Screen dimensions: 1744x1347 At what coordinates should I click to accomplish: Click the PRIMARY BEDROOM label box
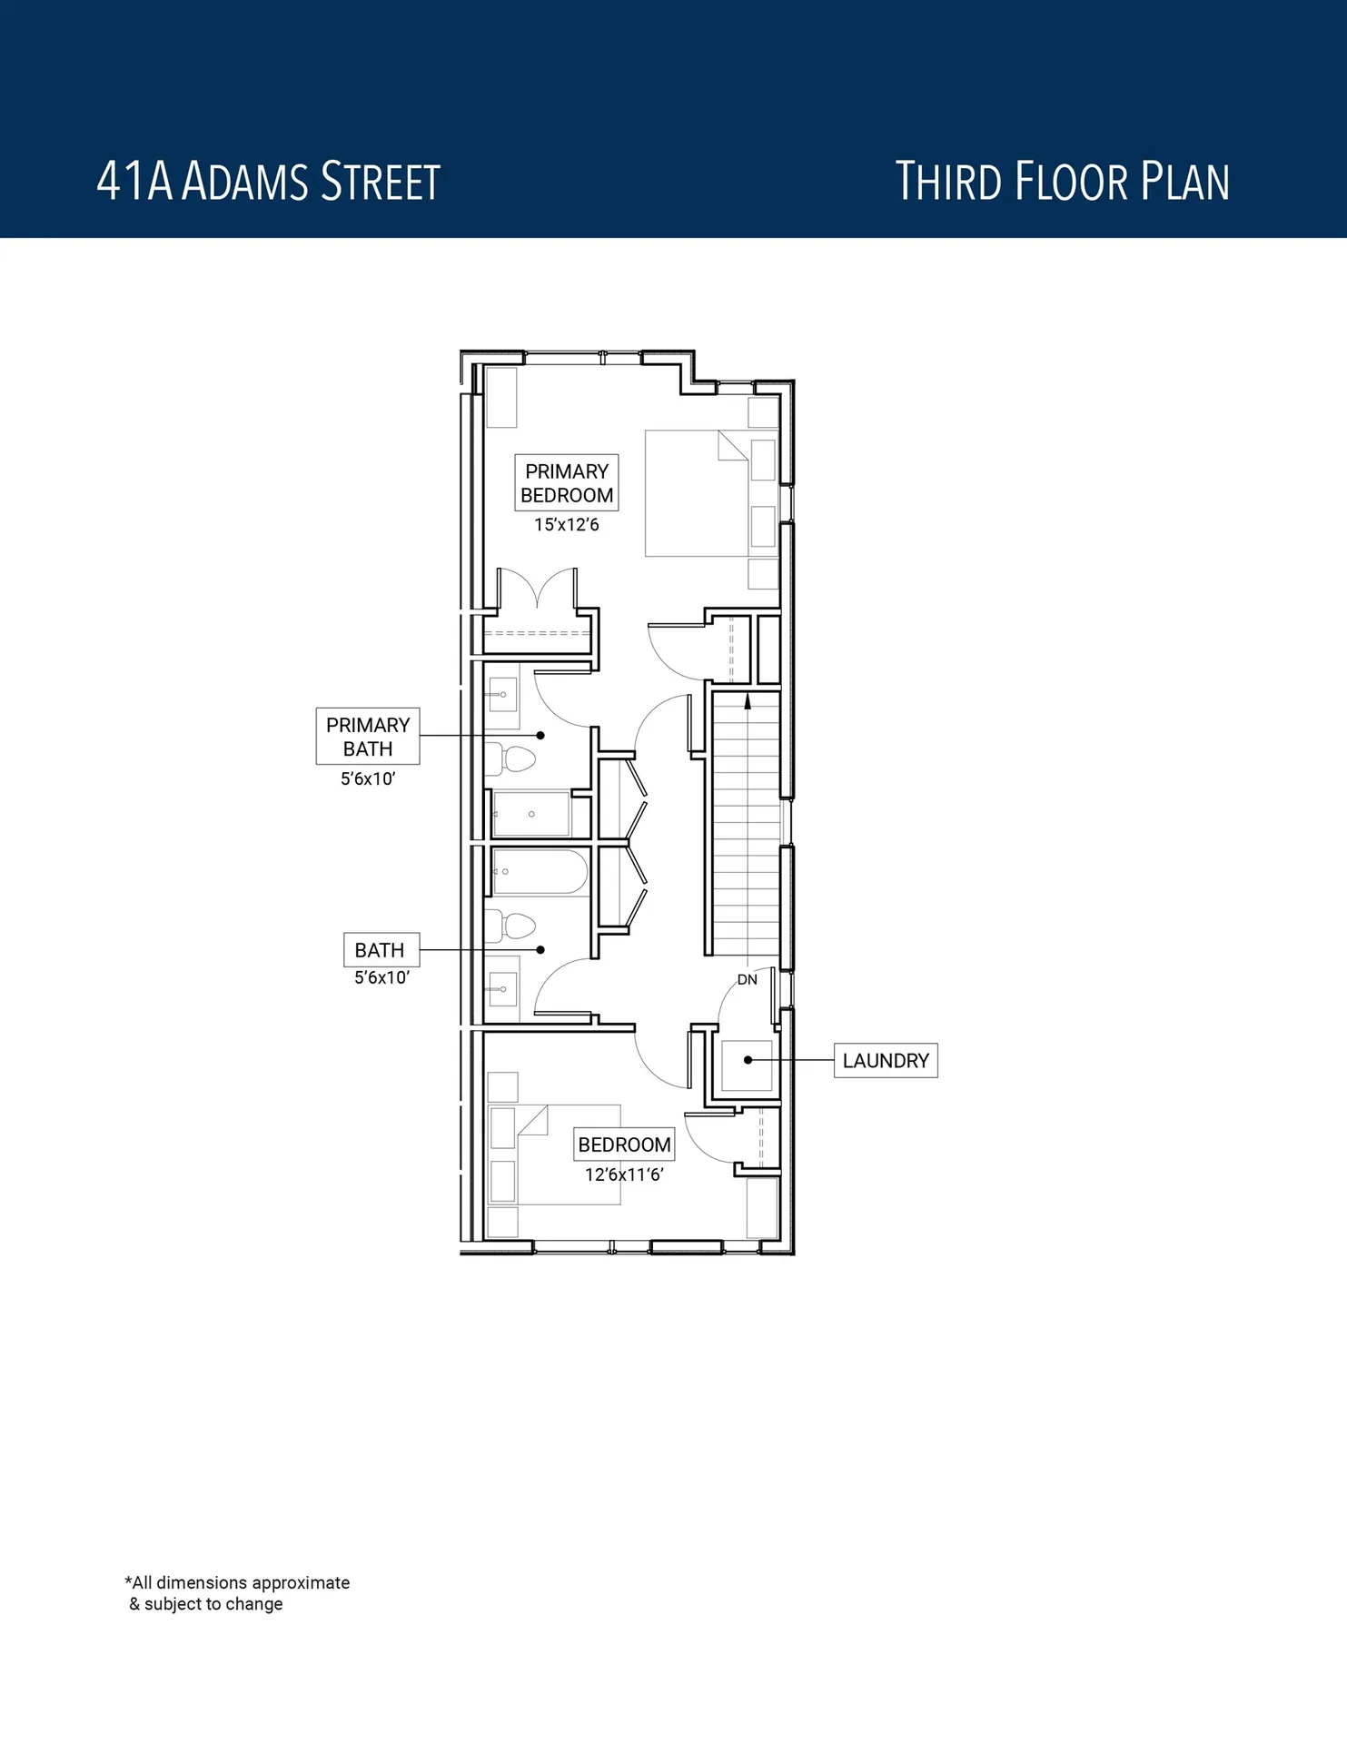[567, 482]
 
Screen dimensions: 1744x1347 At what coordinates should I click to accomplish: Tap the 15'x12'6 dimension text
[567, 525]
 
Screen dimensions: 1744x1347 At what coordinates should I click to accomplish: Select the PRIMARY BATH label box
[368, 737]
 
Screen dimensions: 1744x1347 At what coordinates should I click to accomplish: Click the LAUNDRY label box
[886, 1060]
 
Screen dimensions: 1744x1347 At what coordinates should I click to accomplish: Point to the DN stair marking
[747, 979]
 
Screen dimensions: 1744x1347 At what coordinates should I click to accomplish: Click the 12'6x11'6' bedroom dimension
[624, 1174]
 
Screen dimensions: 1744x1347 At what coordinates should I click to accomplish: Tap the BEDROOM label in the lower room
[624, 1144]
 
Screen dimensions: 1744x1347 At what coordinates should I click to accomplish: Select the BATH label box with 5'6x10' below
[381, 950]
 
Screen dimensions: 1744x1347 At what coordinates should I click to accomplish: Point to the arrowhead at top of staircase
[748, 700]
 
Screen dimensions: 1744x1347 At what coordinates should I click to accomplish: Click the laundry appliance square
[747, 1065]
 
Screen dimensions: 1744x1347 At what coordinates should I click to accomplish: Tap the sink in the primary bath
[501, 696]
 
